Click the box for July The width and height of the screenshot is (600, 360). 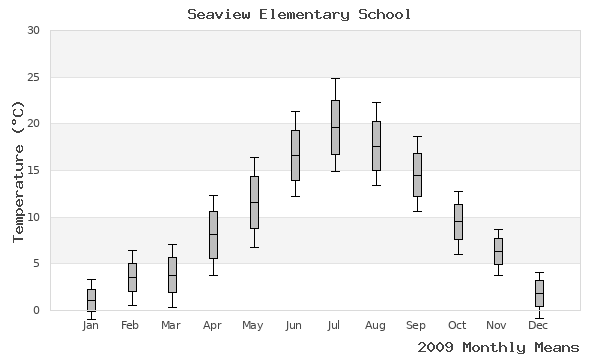pos(335,127)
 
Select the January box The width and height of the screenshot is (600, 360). pos(91,300)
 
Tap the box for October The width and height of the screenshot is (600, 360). pos(458,221)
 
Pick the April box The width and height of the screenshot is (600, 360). pos(213,235)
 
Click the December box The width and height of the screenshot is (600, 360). pos(539,293)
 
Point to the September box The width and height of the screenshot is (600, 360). pos(417,175)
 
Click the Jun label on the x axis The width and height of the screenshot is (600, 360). pos(294,325)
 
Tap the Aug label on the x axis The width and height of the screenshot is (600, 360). pos(376,325)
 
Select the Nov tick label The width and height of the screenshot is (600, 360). pos(498,325)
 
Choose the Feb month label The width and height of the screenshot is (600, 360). pos(131,325)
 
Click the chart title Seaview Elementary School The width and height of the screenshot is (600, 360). pos(299,15)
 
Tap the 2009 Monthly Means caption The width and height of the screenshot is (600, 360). pos(498,347)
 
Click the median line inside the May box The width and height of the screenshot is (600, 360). pos(254,203)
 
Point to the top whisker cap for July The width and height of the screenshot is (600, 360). pos(335,78)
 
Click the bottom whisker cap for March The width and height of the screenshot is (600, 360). pos(172,307)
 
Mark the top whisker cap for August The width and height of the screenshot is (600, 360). pos(376,102)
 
